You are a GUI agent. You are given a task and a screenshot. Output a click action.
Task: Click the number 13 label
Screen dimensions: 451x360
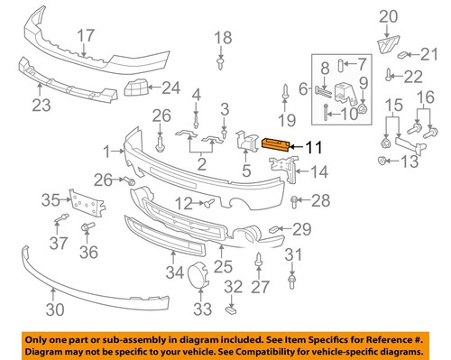410,162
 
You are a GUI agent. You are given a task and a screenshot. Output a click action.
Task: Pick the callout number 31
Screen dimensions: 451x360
291,257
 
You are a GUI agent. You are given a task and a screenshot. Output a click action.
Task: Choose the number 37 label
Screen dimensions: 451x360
59,243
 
